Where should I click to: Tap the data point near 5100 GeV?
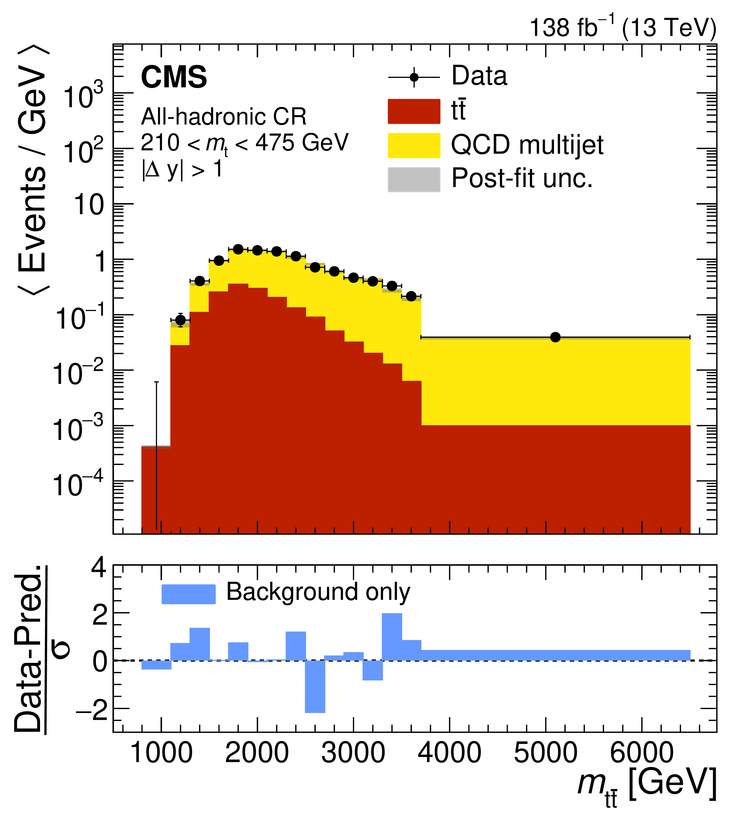coord(555,337)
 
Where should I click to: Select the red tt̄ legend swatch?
coord(414,111)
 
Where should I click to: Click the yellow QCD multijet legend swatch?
coord(414,145)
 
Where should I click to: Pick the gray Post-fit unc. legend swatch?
coord(414,179)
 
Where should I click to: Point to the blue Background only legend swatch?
coord(188,594)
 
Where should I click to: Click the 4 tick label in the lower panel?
coord(99,568)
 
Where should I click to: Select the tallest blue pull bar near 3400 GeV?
coord(392,637)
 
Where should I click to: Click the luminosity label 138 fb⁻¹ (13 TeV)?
coord(623,28)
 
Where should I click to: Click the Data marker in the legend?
coord(414,77)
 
